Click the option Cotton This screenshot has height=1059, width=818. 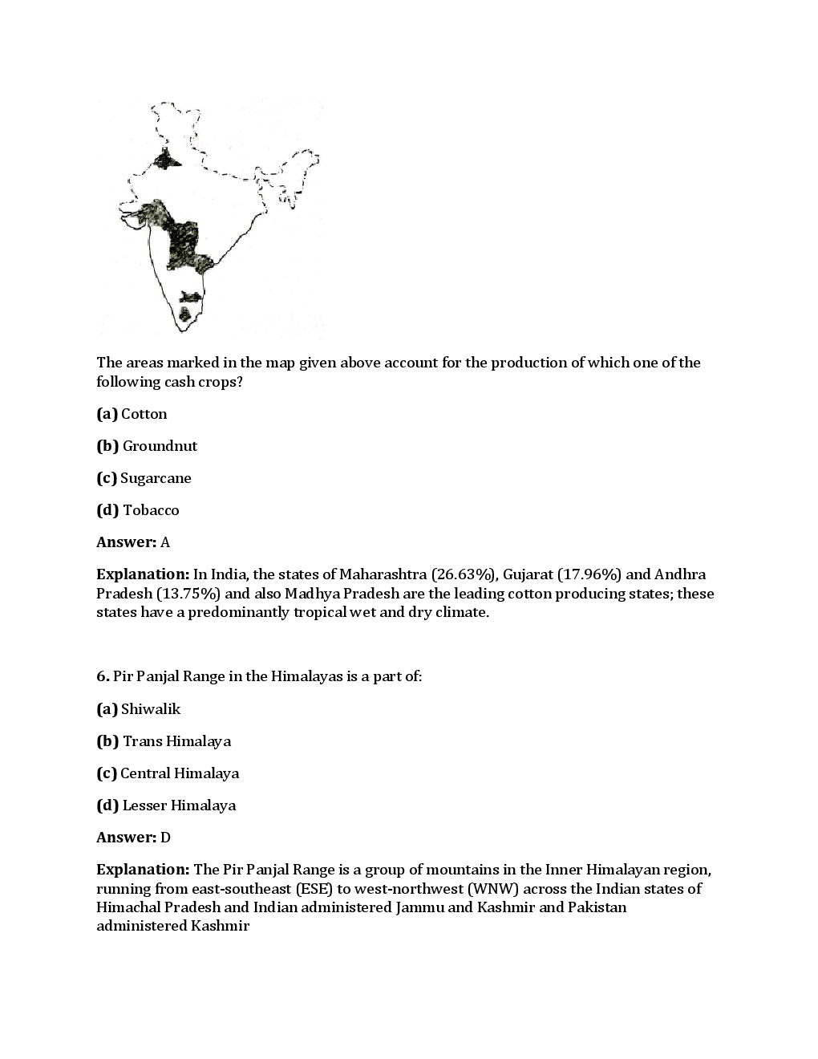click(144, 414)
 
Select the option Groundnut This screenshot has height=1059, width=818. click(160, 446)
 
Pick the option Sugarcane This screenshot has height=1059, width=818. click(156, 478)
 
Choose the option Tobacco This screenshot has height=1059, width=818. click(151, 510)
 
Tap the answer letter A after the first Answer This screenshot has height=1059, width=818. click(165, 542)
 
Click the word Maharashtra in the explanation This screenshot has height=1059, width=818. click(383, 574)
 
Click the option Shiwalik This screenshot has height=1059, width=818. click(151, 709)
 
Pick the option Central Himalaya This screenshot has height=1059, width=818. click(180, 773)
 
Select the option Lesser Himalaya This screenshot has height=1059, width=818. click(179, 805)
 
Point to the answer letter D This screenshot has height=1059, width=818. click(165, 838)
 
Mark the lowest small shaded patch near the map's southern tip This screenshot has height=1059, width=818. click(185, 314)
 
